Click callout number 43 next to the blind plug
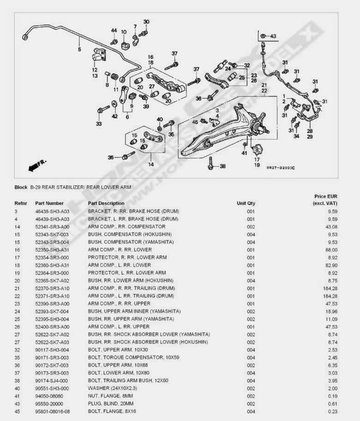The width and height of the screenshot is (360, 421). (x=273, y=36)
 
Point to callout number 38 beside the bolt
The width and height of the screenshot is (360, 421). (x=222, y=166)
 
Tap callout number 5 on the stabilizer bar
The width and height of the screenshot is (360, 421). (x=79, y=49)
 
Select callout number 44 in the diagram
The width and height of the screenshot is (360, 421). (x=114, y=30)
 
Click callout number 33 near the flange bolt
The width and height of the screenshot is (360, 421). (x=98, y=124)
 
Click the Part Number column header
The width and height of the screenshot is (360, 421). (x=49, y=203)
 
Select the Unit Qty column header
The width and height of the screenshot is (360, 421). (x=246, y=203)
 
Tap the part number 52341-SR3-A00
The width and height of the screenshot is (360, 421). (x=52, y=227)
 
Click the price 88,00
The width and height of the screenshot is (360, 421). (x=329, y=250)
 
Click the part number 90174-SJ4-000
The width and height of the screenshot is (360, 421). (x=52, y=380)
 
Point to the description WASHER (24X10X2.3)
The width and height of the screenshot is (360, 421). (x=113, y=388)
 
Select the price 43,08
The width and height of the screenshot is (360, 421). (x=329, y=227)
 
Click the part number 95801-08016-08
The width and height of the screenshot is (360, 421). (x=53, y=411)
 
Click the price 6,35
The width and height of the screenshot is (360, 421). (x=330, y=365)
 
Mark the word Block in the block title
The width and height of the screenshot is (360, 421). (x=21, y=187)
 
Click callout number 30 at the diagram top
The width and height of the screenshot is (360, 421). (x=146, y=22)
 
